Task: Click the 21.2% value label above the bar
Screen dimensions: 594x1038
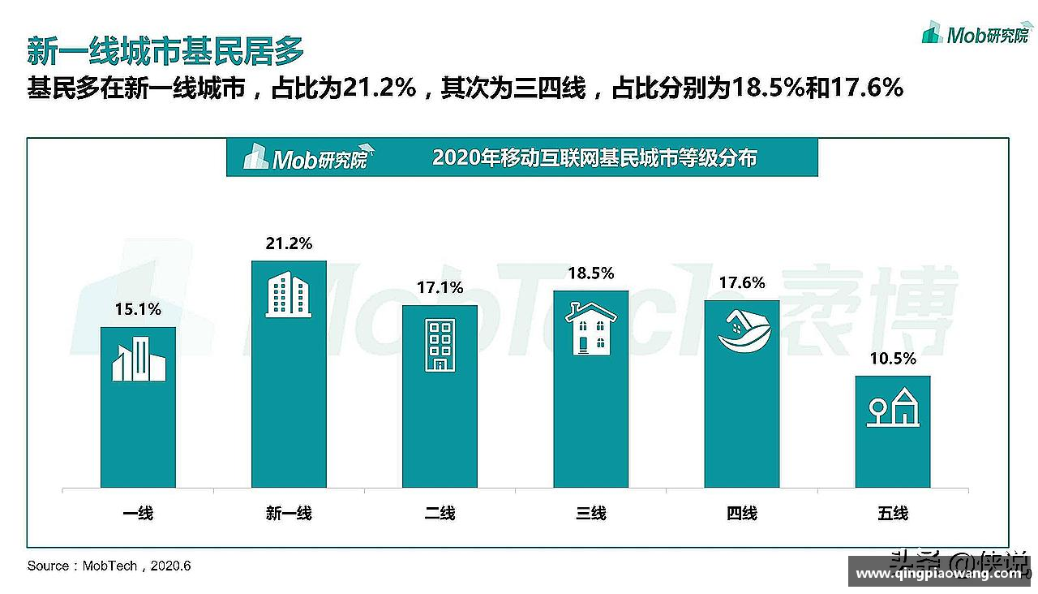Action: point(289,244)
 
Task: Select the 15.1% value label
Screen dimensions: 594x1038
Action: point(138,309)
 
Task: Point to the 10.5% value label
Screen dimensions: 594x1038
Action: point(893,359)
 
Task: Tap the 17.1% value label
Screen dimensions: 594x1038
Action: point(440,288)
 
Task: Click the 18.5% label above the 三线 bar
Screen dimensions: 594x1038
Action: point(591,273)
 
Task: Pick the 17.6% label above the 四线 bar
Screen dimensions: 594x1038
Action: point(742,283)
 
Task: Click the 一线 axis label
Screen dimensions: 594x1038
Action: point(138,514)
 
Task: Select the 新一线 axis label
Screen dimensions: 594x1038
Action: point(289,514)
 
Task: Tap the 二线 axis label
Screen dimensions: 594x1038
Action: point(440,514)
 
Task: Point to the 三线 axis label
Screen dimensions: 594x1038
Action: point(591,514)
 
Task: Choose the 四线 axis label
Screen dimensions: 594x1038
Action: point(742,514)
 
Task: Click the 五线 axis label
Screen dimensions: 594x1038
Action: point(893,514)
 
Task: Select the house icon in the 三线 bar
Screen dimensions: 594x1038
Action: point(591,329)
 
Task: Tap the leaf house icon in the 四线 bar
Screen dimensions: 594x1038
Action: point(742,332)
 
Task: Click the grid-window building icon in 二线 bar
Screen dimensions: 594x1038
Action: point(440,345)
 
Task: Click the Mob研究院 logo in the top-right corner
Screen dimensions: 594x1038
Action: point(977,33)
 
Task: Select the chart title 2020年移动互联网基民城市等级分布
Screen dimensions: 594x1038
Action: point(594,157)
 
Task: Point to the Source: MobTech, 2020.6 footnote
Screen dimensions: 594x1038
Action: point(109,566)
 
